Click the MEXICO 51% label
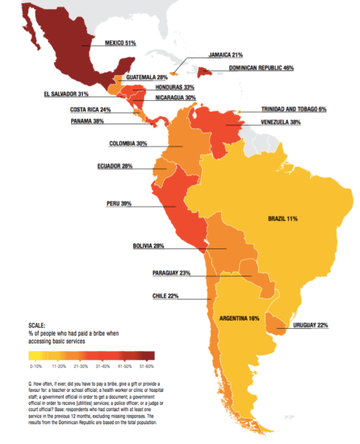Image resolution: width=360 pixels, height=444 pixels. pyautogui.click(x=120, y=43)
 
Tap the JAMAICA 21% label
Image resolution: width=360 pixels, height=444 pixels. pyautogui.click(x=225, y=55)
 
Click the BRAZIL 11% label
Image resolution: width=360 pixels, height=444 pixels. pyautogui.click(x=283, y=218)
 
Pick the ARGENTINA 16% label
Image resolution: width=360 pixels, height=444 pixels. pyautogui.click(x=239, y=318)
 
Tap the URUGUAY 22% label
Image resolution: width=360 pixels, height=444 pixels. pyautogui.click(x=315, y=325)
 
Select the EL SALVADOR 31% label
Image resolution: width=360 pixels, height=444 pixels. pyautogui.click(x=66, y=94)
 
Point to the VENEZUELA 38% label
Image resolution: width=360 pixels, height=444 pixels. pyautogui.click(x=280, y=123)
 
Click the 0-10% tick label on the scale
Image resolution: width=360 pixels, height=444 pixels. pyautogui.click(x=36, y=366)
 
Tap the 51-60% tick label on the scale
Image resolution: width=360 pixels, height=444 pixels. pyautogui.click(x=146, y=366)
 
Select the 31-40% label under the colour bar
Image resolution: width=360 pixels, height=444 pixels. pyautogui.click(x=102, y=366)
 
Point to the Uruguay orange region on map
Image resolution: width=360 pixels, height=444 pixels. pyautogui.click(x=275, y=322)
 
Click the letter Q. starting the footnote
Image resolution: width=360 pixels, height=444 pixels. pyautogui.click(x=31, y=382)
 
